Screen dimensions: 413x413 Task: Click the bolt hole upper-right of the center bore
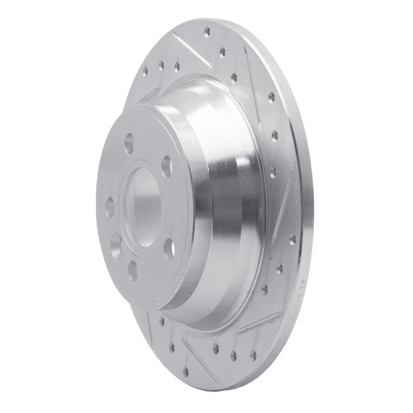tap(167, 165)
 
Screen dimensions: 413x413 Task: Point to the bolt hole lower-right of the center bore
tap(169, 245)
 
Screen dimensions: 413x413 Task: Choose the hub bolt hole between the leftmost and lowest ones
tap(115, 244)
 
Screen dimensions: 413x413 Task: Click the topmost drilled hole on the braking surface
tap(206, 32)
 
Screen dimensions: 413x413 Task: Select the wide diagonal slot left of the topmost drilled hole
tap(183, 41)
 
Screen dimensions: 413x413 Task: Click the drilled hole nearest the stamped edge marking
tap(292, 240)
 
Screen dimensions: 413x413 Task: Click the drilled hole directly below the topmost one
tap(222, 51)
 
